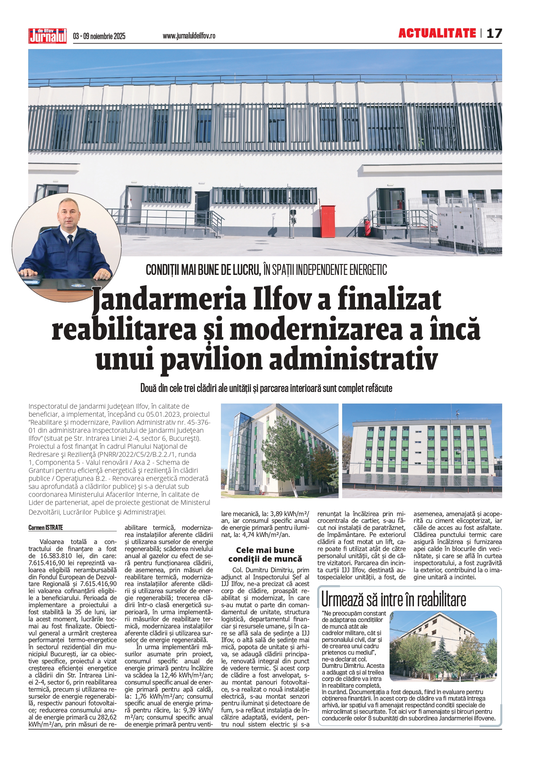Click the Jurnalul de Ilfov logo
point(47,36)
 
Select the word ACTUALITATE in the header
point(437,33)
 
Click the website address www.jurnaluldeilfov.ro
point(189,36)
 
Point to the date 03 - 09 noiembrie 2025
point(99,36)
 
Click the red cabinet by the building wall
point(327,221)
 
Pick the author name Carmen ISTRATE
point(46,527)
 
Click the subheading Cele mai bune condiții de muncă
point(265,554)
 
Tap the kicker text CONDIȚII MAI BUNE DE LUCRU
point(203,270)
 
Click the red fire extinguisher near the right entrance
point(367,227)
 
